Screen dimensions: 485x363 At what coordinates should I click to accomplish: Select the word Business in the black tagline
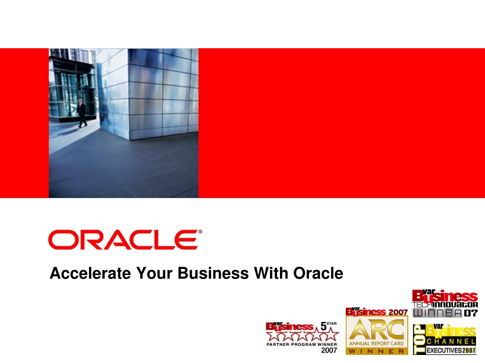[213, 273]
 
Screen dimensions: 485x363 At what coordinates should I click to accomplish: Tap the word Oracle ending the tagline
[318, 273]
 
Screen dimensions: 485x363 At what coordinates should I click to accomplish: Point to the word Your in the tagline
[154, 273]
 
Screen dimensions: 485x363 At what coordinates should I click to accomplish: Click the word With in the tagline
[271, 273]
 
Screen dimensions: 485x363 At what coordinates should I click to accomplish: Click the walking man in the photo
[81, 113]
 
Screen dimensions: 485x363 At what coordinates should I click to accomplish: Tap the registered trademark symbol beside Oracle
[200, 232]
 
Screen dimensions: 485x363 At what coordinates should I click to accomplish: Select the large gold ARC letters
[377, 329]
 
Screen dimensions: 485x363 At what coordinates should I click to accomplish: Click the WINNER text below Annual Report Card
[377, 351]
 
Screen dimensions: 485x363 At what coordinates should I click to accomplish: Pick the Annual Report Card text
[377, 343]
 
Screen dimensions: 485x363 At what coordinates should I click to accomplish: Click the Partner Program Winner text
[302, 344]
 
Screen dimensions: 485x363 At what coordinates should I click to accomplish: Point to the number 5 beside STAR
[323, 326]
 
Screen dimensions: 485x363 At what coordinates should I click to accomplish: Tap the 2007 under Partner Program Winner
[329, 350]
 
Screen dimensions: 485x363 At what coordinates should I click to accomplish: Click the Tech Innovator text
[445, 305]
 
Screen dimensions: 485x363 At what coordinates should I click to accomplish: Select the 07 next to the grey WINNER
[471, 313]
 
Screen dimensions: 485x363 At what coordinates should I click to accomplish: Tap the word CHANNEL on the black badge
[451, 341]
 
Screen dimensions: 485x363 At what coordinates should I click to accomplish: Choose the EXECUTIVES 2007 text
[451, 350]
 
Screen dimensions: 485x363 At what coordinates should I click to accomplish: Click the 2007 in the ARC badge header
[398, 312]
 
